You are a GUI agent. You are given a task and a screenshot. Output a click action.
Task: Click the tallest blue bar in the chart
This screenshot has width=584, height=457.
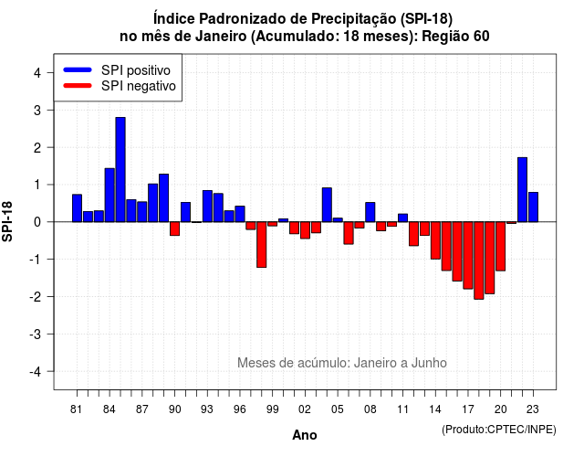pyautogui.click(x=120, y=169)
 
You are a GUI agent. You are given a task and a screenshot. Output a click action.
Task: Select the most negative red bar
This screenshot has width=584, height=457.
pyautogui.click(x=478, y=260)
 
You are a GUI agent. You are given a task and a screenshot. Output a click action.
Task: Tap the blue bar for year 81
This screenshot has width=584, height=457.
pyautogui.click(x=77, y=208)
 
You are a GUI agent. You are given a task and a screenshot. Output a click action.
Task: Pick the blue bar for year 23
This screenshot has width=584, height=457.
pyautogui.click(x=533, y=207)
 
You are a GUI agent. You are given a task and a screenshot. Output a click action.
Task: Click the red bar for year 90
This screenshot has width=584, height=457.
pyautogui.click(x=174, y=228)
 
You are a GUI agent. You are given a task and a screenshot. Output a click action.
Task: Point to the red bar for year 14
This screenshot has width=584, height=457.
pyautogui.click(x=435, y=240)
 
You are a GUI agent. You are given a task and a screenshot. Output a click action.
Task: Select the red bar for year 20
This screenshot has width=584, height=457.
pyautogui.click(x=501, y=246)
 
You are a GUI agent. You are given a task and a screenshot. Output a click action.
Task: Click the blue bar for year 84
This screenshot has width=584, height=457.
pyautogui.click(x=109, y=195)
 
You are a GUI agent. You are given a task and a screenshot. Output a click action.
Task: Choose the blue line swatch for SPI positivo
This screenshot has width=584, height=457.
pyautogui.click(x=78, y=69)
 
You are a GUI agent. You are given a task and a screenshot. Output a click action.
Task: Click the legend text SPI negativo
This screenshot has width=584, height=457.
pyautogui.click(x=138, y=86)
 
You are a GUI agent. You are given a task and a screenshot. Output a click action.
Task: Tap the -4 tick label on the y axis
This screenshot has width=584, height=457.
pyautogui.click(x=36, y=371)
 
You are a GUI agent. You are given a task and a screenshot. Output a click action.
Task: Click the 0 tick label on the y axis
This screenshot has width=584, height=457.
pyautogui.click(x=37, y=222)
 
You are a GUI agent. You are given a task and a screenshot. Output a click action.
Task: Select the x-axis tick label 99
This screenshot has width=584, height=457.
pyautogui.click(x=272, y=409)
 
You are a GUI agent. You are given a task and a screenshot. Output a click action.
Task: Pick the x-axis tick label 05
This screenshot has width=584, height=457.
pyautogui.click(x=338, y=409)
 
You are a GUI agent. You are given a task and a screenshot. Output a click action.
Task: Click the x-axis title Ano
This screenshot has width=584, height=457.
pyautogui.click(x=304, y=435)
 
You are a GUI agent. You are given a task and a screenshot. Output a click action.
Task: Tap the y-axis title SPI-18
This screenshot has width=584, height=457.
pyautogui.click(x=7, y=221)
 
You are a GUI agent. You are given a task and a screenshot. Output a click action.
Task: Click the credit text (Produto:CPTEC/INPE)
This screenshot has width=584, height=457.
pyautogui.click(x=499, y=430)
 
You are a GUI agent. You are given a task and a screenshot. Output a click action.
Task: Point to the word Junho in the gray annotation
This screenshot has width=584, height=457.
pyautogui.click(x=429, y=363)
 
